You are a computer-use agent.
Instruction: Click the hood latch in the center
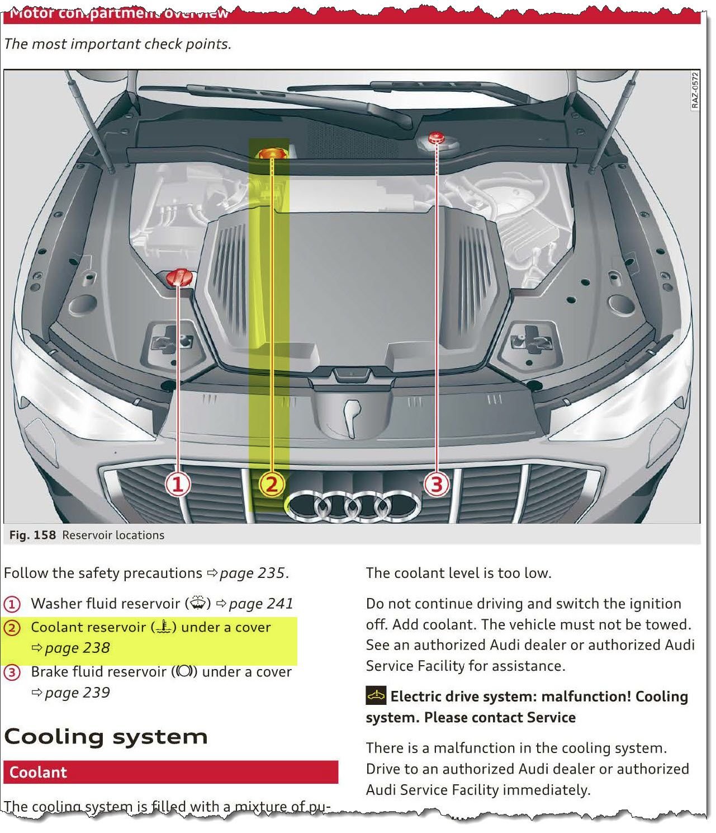350,417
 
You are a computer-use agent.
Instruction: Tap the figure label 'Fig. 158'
32,535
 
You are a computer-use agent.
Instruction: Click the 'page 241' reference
260,604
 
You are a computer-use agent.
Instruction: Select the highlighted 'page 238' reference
77,648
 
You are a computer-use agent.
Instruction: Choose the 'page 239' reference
77,693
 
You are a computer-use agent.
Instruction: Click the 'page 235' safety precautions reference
253,573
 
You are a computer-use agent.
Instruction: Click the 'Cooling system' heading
106,737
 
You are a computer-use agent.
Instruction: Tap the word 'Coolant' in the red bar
38,773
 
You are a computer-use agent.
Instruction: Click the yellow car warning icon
376,696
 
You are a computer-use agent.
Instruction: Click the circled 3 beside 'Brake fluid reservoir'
12,672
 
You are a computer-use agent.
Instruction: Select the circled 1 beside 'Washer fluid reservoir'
12,604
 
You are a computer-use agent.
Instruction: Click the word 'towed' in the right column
668,624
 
